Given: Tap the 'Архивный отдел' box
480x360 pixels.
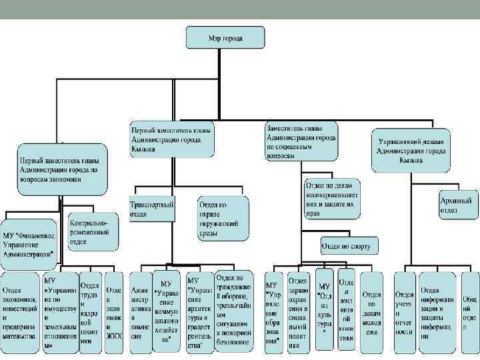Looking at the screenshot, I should [459, 204].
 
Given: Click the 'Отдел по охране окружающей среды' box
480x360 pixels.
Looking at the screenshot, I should [223, 217].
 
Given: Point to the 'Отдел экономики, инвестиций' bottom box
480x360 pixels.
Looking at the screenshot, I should [20, 312].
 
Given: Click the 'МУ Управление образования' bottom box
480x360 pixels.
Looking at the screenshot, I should [274, 312].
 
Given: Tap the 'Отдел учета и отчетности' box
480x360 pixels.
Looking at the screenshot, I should [405, 312].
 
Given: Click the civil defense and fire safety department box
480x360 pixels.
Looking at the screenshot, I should [234, 311].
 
